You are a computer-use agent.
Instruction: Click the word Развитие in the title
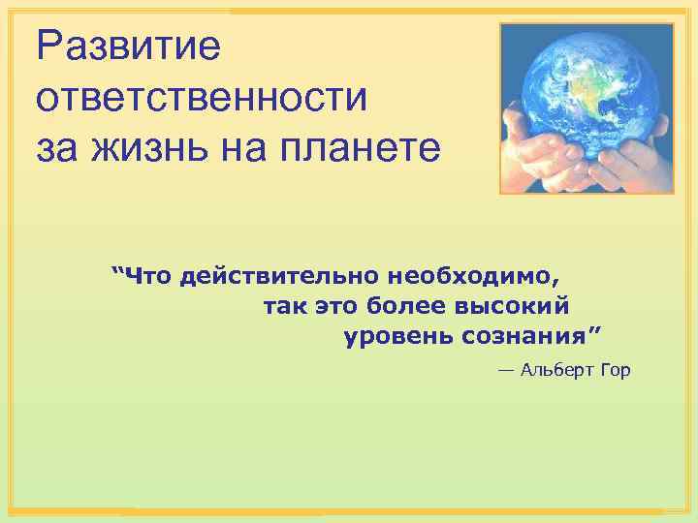click(x=129, y=46)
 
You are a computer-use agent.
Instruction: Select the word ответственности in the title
click(x=203, y=98)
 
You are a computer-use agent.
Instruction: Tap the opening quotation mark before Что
click(x=119, y=273)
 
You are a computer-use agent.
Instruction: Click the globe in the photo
click(x=584, y=87)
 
